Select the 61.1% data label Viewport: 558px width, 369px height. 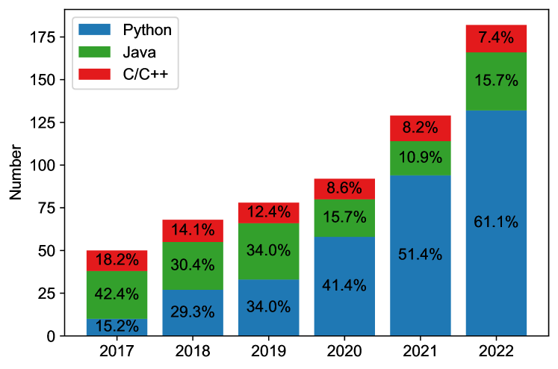[496, 222]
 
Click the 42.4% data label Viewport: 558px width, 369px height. [117, 294]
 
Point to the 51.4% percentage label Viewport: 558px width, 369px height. [421, 255]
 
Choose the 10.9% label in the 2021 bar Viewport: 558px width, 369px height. [421, 158]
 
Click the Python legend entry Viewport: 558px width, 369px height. [147, 30]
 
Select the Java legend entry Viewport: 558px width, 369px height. [139, 52]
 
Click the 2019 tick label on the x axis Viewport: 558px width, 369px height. [269, 350]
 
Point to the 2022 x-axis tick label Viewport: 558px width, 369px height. [496, 350]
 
